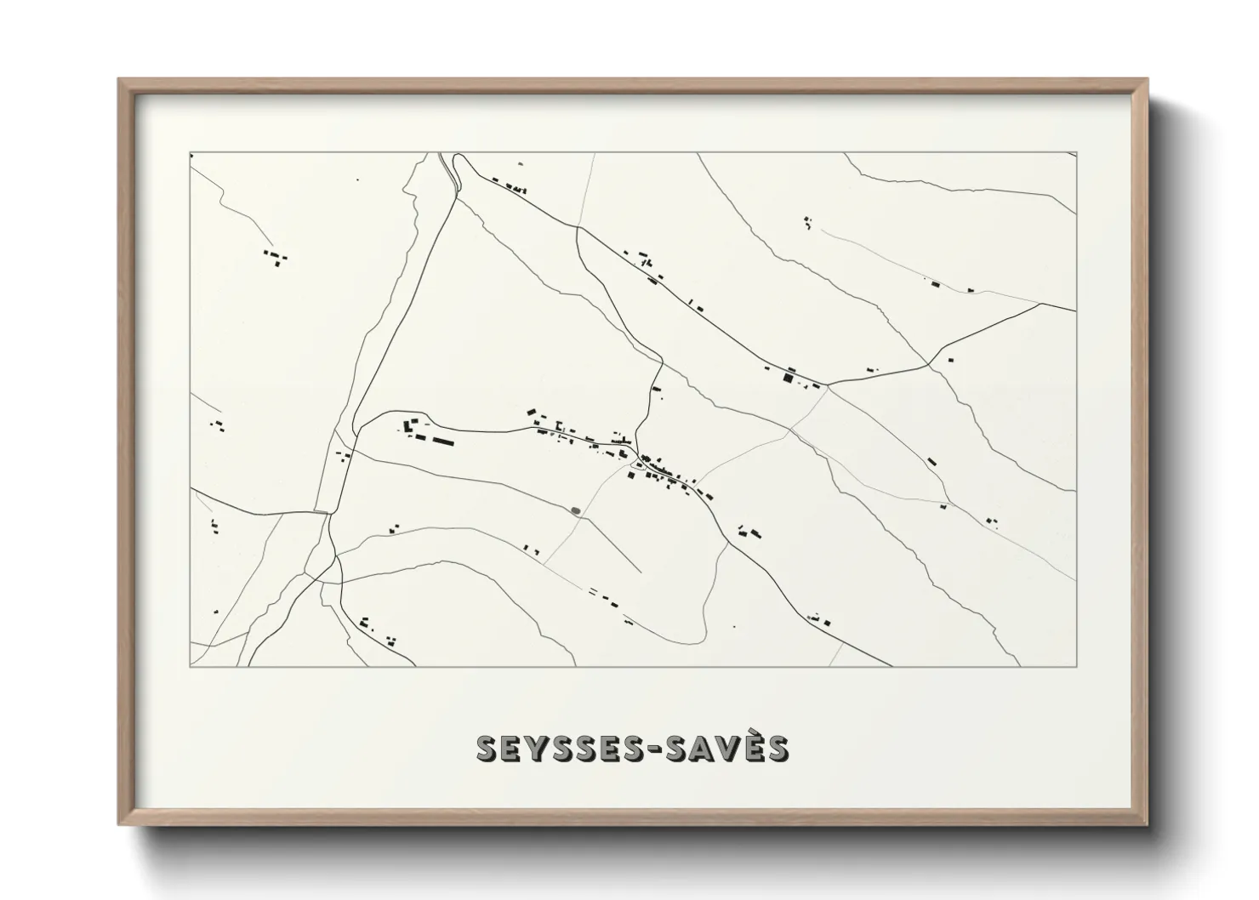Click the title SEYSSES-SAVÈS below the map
point(632,748)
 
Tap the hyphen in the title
point(645,749)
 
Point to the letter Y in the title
point(517,748)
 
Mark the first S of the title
point(487,748)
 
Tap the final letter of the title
point(774,748)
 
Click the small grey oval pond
point(577,511)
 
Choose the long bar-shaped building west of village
point(442,441)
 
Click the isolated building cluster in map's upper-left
point(276,257)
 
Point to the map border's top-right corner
point(1076,153)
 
